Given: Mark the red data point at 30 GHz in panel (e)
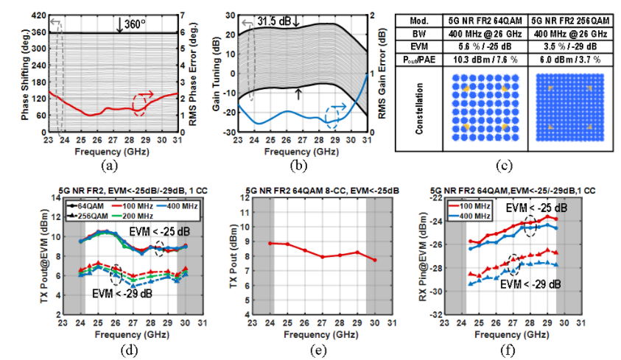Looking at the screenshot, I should pyautogui.click(x=374, y=260).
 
